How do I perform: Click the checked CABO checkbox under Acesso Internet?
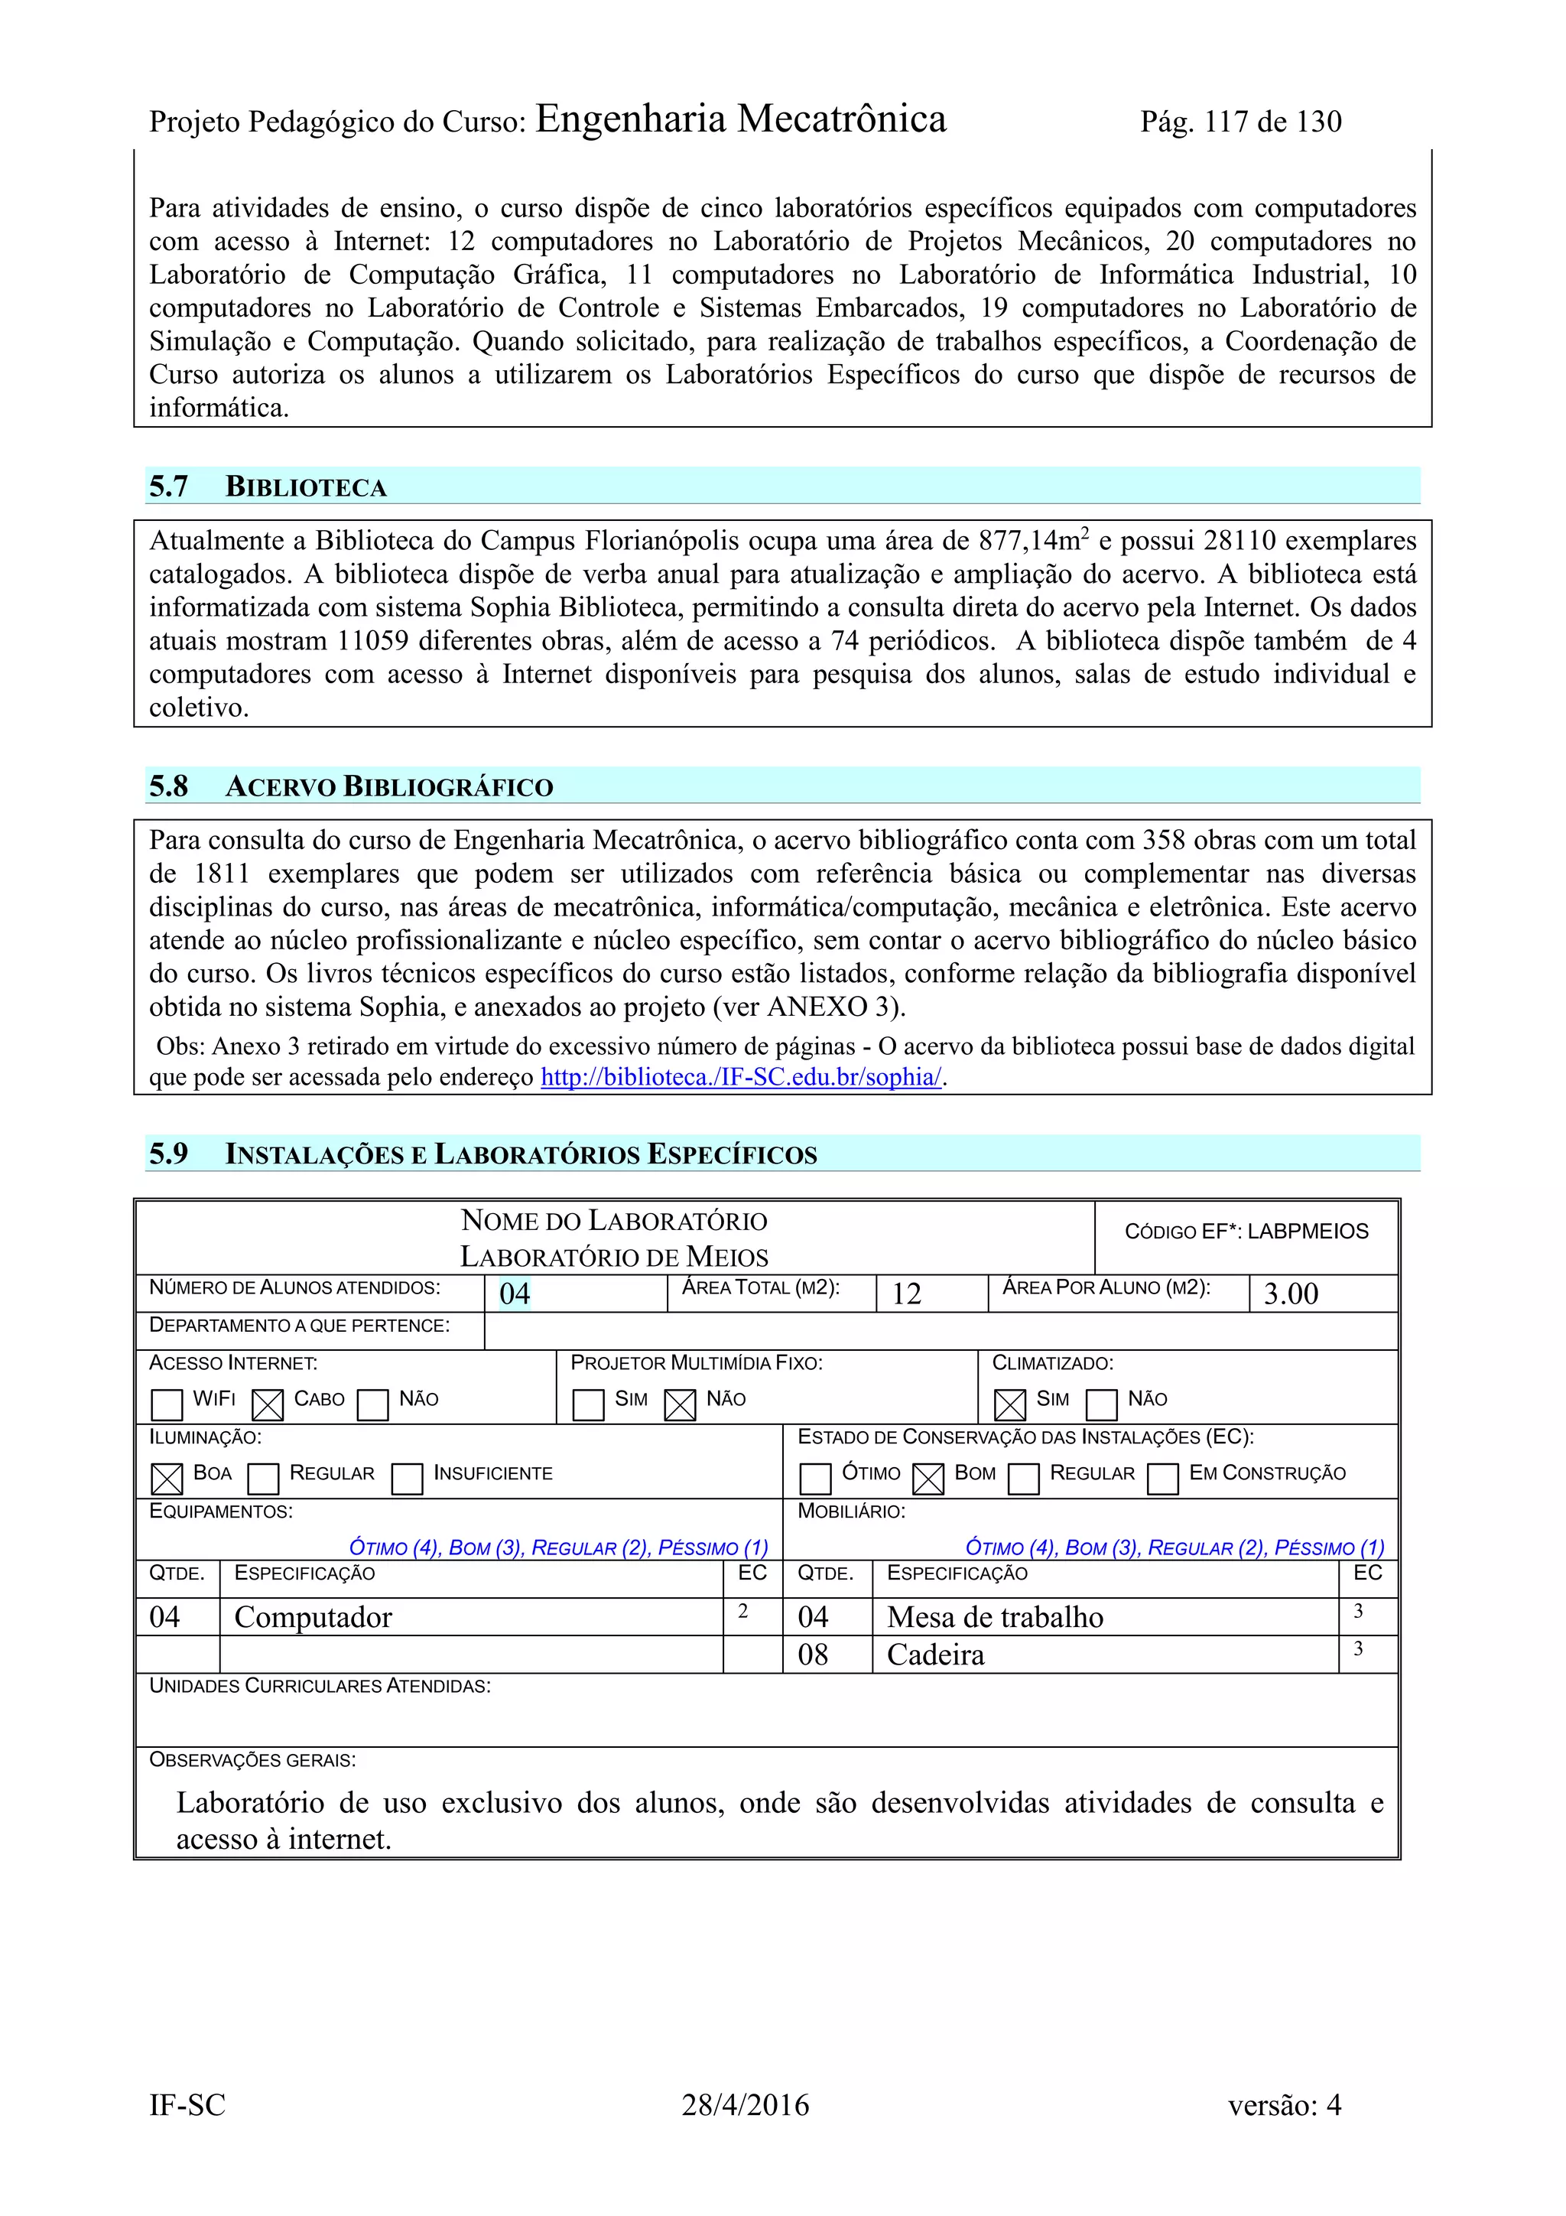(x=268, y=1404)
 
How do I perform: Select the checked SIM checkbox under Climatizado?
(x=1009, y=1404)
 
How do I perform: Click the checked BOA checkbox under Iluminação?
(x=167, y=1479)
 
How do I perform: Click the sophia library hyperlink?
(x=741, y=1077)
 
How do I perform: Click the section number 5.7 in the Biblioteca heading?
(x=169, y=486)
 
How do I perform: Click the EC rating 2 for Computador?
(x=743, y=1611)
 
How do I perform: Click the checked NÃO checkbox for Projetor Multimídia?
(x=681, y=1404)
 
